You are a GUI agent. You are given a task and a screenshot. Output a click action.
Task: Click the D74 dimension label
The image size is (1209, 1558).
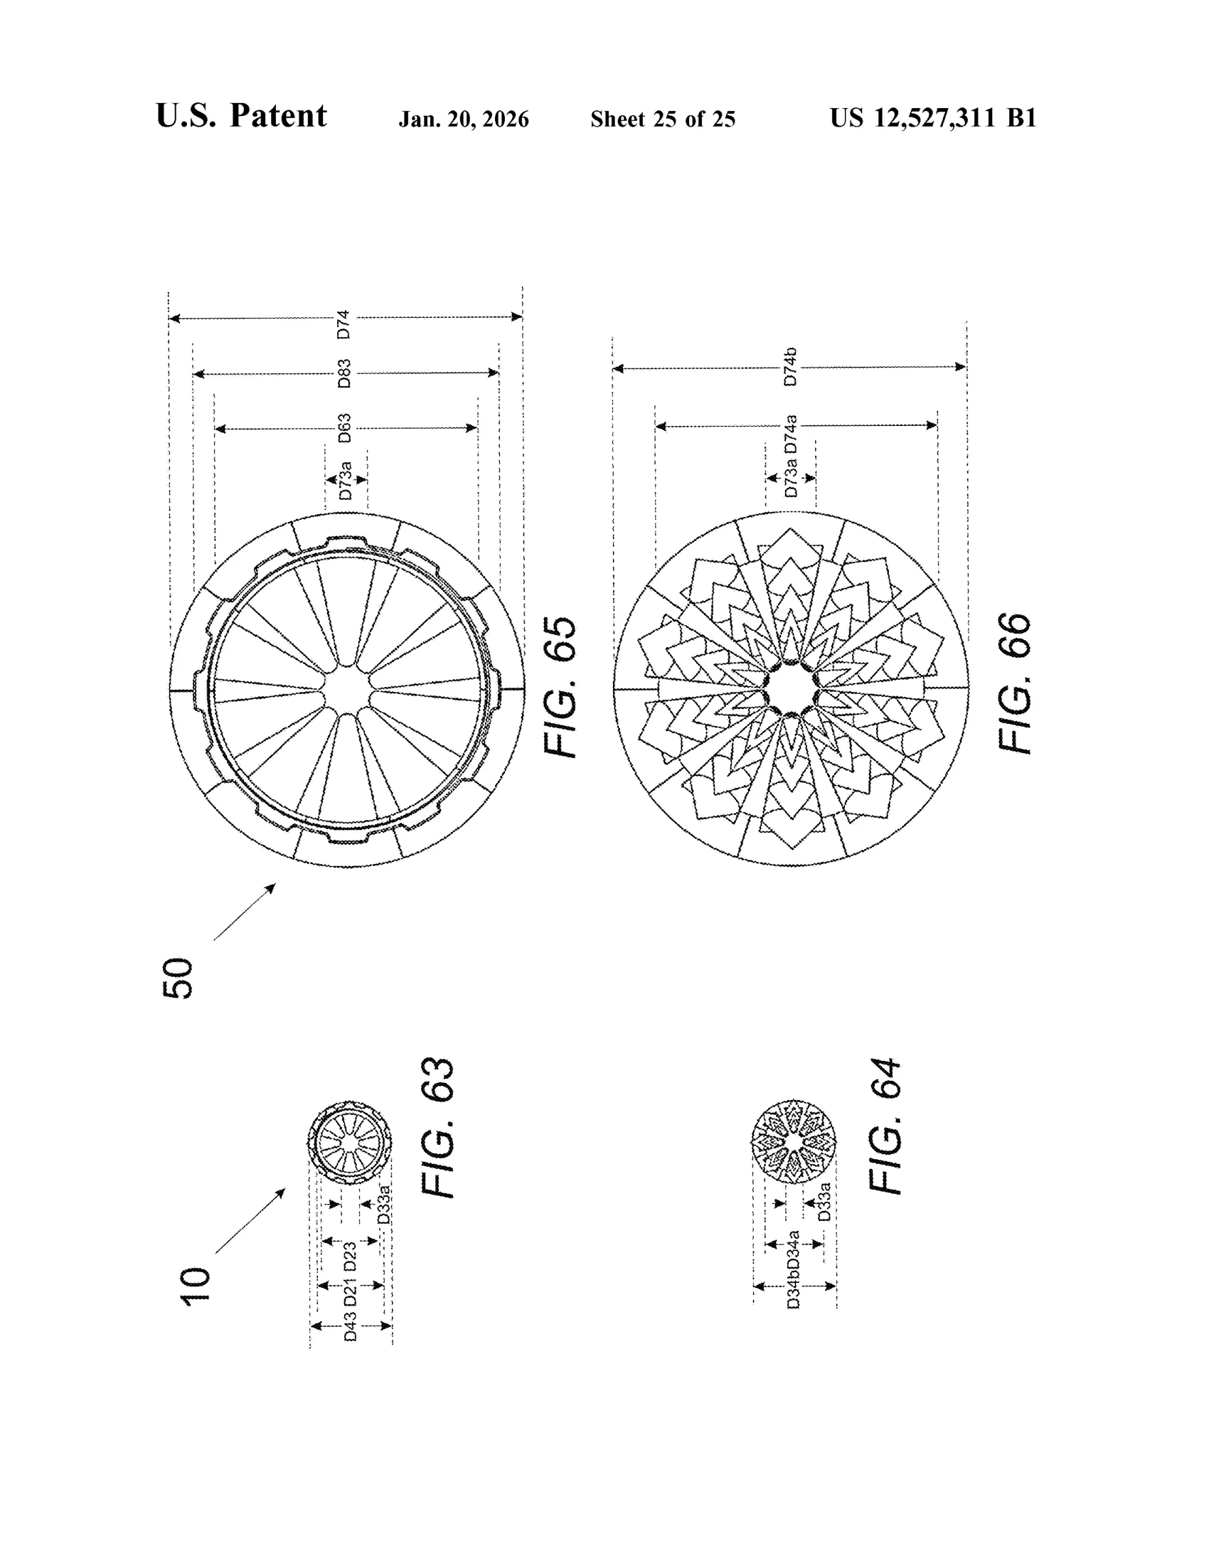(343, 324)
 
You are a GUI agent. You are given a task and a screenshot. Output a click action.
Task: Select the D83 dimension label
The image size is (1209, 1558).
(343, 374)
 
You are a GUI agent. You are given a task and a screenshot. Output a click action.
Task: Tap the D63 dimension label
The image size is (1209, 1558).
(343, 428)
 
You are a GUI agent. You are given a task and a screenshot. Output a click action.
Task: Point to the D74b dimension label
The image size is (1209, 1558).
(789, 368)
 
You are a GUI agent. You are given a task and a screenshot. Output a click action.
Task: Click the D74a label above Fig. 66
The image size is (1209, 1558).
(790, 434)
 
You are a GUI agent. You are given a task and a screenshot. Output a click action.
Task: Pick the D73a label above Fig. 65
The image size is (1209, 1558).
(344, 480)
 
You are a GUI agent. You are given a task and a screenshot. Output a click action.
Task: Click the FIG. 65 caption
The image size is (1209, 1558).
(560, 687)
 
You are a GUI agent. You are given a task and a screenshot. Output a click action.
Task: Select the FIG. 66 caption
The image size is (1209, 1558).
(1014, 683)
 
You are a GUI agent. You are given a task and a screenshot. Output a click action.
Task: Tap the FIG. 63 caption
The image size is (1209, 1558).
(437, 1128)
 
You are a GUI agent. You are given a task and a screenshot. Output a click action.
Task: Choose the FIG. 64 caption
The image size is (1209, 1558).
(885, 1126)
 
